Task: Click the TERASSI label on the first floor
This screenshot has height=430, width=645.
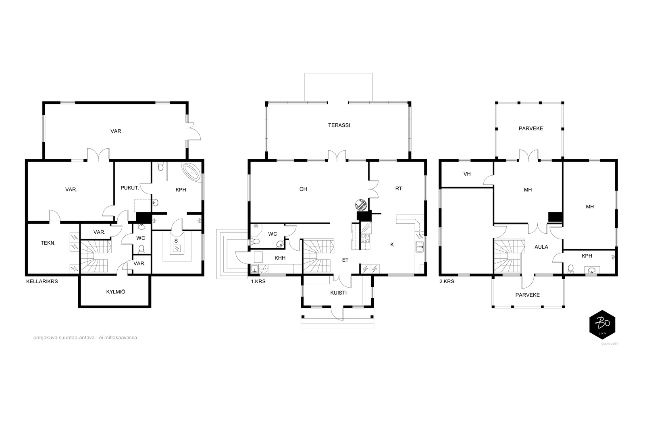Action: tap(339, 125)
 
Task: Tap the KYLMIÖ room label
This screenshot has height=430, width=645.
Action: tap(115, 291)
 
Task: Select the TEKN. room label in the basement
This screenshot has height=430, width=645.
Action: tap(48, 243)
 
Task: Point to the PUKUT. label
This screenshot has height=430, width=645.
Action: tap(130, 188)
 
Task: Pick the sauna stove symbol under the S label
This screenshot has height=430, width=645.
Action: tap(176, 249)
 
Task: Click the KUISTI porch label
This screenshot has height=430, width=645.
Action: tap(338, 293)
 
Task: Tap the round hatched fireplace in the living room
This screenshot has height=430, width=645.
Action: tap(361, 205)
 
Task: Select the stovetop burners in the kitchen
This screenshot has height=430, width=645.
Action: tap(365, 238)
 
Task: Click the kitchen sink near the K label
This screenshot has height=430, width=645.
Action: tap(420, 247)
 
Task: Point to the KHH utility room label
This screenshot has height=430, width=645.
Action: tap(280, 258)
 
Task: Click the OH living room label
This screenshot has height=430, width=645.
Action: tap(303, 189)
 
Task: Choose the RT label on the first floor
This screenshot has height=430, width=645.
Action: tap(399, 189)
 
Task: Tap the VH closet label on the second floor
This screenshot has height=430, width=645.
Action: tap(467, 174)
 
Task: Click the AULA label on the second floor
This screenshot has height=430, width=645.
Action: tap(541, 247)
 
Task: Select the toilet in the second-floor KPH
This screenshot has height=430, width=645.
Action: tap(571, 269)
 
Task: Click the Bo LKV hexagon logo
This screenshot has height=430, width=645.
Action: tap(602, 325)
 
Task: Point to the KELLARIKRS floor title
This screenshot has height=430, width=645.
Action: tap(42, 281)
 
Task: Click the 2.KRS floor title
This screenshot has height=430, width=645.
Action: tap(447, 281)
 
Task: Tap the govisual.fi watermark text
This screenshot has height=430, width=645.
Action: tap(610, 343)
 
